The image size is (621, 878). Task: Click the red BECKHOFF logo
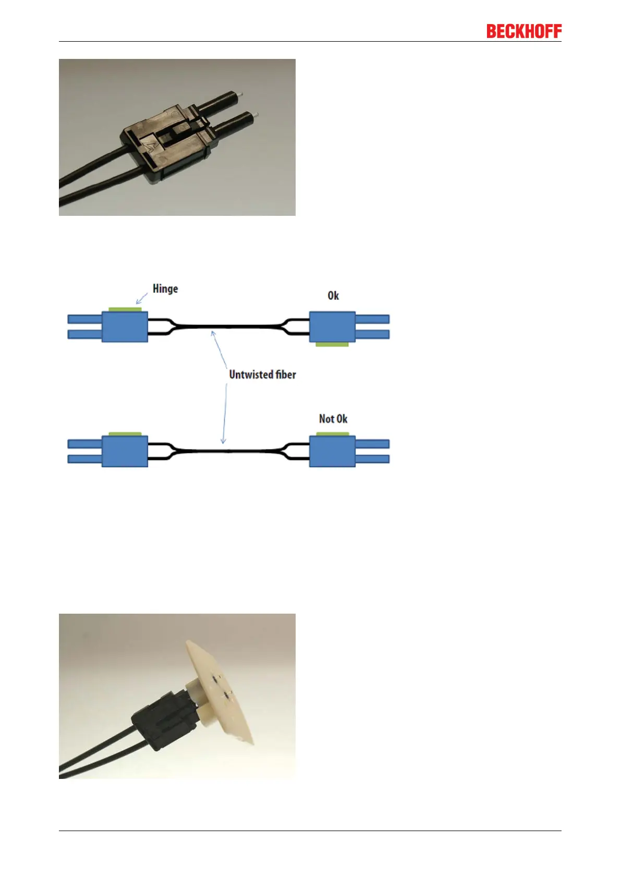(523, 31)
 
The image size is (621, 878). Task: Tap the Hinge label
(165, 289)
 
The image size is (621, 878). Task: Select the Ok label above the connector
(333, 296)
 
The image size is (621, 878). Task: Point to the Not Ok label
(333, 419)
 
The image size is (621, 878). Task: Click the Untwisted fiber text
(262, 374)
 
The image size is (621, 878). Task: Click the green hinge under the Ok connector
(332, 345)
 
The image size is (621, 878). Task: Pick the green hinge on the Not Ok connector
(333, 434)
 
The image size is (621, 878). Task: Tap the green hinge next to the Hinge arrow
(125, 309)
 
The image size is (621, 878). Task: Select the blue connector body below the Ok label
(332, 327)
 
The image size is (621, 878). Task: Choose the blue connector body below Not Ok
(332, 452)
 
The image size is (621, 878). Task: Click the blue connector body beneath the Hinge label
(125, 327)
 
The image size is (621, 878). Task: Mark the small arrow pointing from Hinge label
(141, 299)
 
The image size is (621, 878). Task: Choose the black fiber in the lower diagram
(228, 451)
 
